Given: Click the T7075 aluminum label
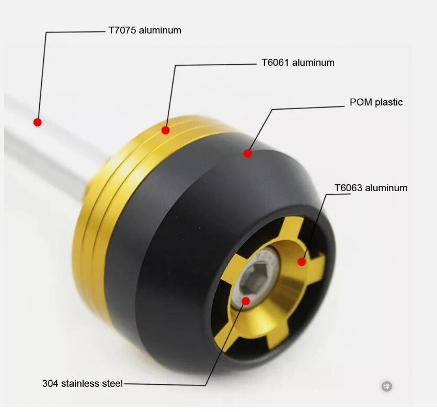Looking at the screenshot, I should (x=145, y=30).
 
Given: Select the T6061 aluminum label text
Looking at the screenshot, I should (x=297, y=63).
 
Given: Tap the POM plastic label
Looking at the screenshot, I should (x=376, y=102).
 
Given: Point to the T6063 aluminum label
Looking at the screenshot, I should (x=371, y=188).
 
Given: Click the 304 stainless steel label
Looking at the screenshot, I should (x=82, y=384).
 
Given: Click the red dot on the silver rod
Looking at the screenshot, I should (x=38, y=122).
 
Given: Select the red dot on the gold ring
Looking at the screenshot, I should (x=166, y=130).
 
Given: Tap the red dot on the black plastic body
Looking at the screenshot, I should (x=248, y=153).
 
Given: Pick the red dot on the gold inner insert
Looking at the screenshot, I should (x=302, y=261).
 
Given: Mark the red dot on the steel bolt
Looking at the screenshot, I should (x=246, y=300).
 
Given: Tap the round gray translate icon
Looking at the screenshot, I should (x=386, y=386).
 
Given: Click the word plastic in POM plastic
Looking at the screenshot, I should (x=388, y=102).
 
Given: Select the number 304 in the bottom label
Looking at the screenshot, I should (x=50, y=384).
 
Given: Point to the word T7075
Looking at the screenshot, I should (x=122, y=30).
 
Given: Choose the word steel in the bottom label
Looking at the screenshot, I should (x=112, y=384).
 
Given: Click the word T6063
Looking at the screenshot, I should (x=349, y=188).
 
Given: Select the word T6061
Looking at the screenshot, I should (x=275, y=63).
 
